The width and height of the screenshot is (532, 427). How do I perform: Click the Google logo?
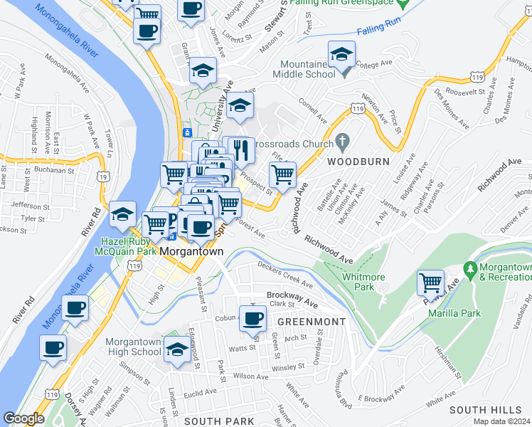tap(23, 418)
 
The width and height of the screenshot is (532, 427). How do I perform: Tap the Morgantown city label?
tap(192, 252)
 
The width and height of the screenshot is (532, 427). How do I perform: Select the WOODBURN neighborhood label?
tap(358, 162)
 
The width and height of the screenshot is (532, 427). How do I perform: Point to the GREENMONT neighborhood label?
tap(311, 322)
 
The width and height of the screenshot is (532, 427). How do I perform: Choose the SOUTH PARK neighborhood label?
tap(209, 421)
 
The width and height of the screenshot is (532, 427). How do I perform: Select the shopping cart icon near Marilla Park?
tap(430, 283)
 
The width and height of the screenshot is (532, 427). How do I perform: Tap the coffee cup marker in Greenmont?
tap(252, 317)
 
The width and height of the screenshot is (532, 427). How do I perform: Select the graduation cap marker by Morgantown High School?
tap(176, 349)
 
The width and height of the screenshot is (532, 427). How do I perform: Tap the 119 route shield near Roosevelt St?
tap(478, 76)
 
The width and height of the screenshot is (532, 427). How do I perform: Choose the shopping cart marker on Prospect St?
tap(282, 174)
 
